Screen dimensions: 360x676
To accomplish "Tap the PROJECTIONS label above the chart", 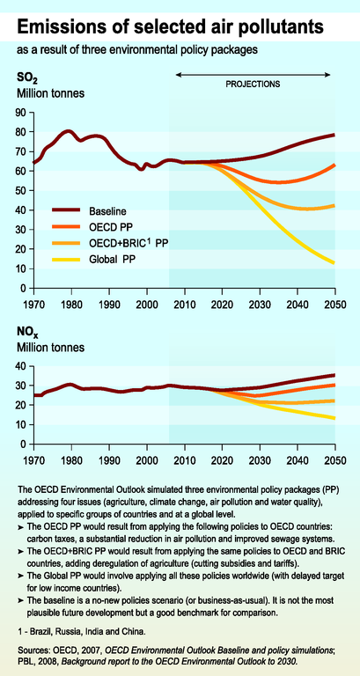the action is (x=253, y=84).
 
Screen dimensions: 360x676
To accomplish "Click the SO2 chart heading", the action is (x=25, y=79).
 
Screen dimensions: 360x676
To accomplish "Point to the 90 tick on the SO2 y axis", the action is (x=22, y=113).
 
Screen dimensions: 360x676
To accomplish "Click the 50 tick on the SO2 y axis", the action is (x=22, y=190).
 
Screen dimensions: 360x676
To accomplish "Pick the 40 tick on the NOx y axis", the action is (x=22, y=366).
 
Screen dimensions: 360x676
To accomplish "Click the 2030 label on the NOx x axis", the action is (x=260, y=459).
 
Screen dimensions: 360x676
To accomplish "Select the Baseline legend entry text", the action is (x=107, y=211).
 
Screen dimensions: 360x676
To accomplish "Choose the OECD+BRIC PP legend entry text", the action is (x=128, y=244).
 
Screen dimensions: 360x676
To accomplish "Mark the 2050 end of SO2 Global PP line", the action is (x=334, y=262).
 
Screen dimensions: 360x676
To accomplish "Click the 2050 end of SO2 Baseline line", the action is (x=334, y=135).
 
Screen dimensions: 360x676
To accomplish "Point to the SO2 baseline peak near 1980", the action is (x=69, y=131).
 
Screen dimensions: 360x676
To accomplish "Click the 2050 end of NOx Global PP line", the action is (x=334, y=418).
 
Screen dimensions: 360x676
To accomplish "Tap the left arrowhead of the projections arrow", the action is (x=178, y=75).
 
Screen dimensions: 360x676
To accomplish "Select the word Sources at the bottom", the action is (x=32, y=650).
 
